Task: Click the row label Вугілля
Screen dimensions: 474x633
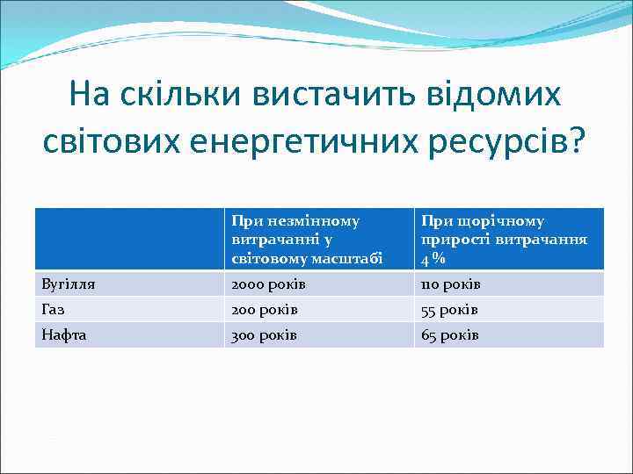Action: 69,284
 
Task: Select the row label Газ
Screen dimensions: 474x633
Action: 55,310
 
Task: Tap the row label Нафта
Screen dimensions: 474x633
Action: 64,335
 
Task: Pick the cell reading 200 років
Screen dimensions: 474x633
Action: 264,310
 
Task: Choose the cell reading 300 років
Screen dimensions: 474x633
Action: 264,335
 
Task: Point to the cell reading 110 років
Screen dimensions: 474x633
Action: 450,284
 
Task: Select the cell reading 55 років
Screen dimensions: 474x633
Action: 449,310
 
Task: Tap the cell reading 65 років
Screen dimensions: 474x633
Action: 449,335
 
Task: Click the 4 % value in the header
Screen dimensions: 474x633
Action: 432,260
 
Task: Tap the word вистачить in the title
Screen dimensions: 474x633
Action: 331,92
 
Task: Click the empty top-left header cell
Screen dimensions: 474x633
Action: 129,239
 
